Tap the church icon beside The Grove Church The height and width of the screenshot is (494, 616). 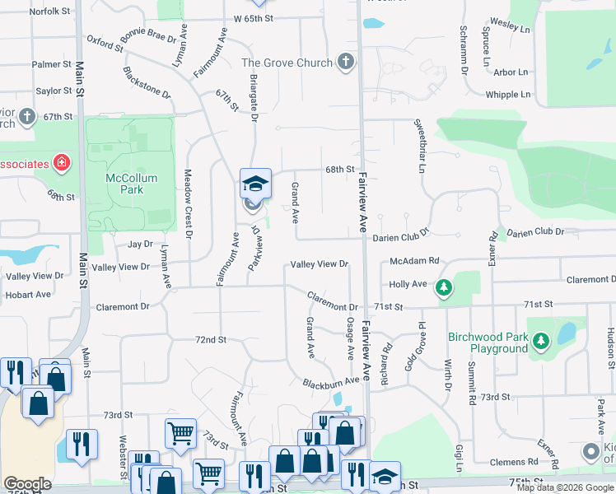346,62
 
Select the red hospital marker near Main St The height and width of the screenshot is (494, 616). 61,163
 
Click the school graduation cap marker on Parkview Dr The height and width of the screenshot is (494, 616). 255,184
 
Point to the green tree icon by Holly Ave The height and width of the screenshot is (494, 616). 444,287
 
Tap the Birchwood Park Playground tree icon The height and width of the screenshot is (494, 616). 541,340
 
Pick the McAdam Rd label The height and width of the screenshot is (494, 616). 414,261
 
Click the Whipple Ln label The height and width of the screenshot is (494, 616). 507,95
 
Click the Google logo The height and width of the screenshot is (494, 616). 27,484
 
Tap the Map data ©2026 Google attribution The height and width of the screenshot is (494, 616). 564,487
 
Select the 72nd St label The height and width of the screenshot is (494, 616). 210,339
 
